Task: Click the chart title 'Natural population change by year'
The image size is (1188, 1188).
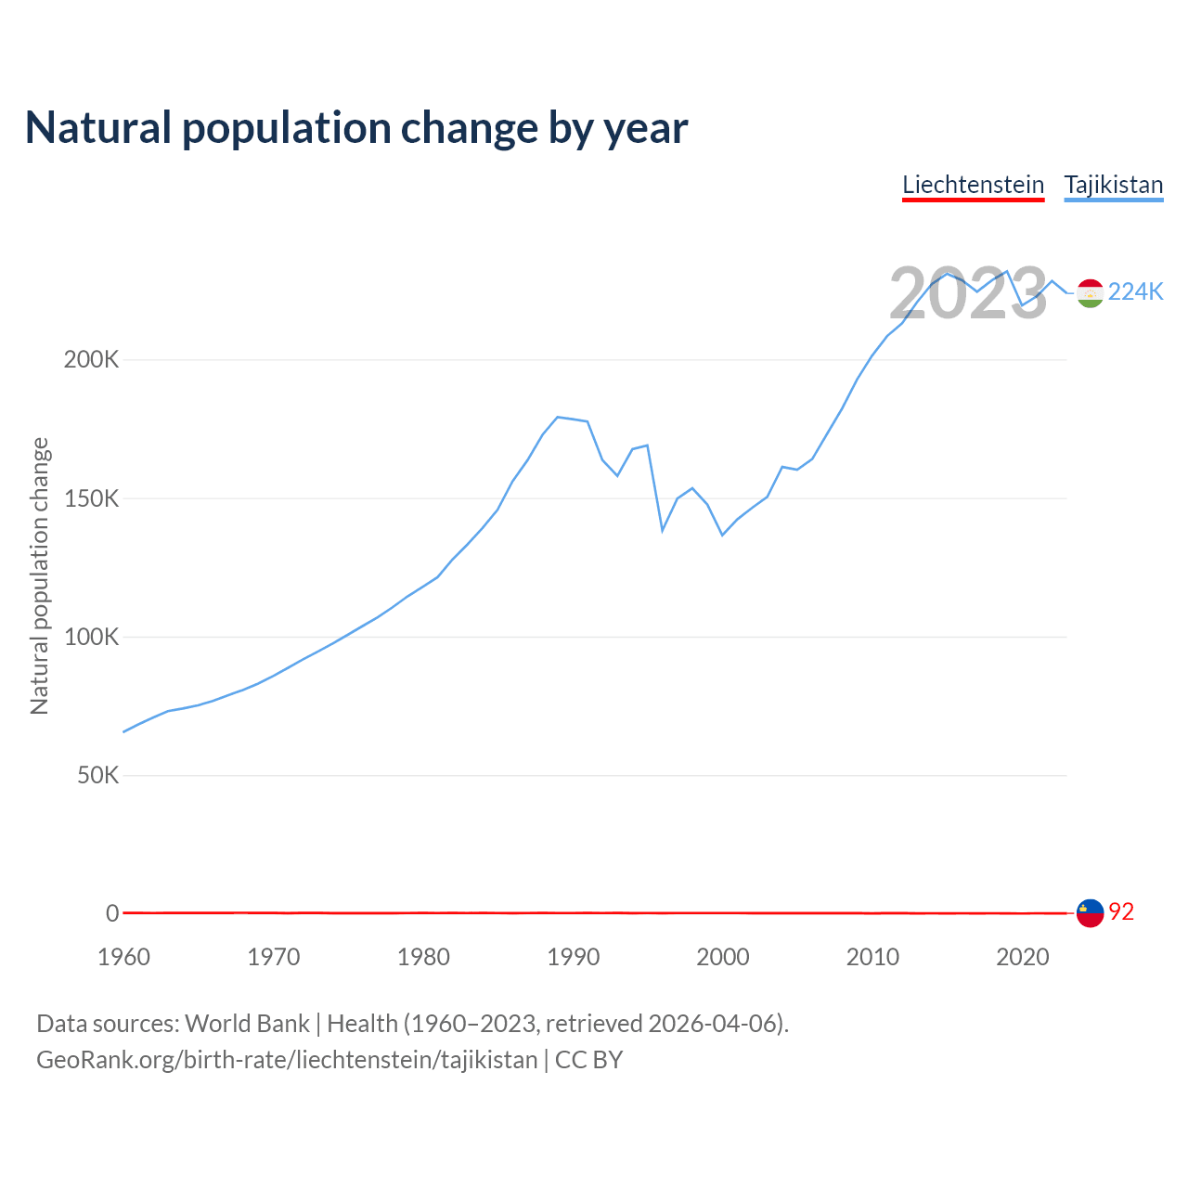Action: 356,128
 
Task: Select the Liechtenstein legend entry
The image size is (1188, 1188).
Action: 973,185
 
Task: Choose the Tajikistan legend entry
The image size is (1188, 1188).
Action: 1113,185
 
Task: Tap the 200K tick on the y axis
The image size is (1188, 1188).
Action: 92,359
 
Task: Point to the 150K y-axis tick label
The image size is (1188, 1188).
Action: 92,498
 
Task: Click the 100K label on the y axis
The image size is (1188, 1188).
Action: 92,637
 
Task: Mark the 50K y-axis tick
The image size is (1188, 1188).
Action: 97,775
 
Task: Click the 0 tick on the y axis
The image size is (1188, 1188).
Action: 112,913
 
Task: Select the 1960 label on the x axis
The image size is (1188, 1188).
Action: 123,957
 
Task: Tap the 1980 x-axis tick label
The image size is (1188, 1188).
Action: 423,957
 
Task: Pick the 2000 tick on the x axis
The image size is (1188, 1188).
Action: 723,957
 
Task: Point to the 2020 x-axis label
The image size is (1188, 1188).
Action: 1022,957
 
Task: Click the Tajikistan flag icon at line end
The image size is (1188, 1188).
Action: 1090,292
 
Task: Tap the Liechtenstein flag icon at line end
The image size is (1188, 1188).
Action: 1090,912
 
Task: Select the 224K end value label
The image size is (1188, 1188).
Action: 1136,292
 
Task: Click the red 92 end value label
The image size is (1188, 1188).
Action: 1121,912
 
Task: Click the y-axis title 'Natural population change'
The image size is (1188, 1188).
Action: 40,576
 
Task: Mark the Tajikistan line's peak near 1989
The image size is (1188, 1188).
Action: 557,417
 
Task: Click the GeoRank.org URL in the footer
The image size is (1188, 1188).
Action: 287,1060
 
